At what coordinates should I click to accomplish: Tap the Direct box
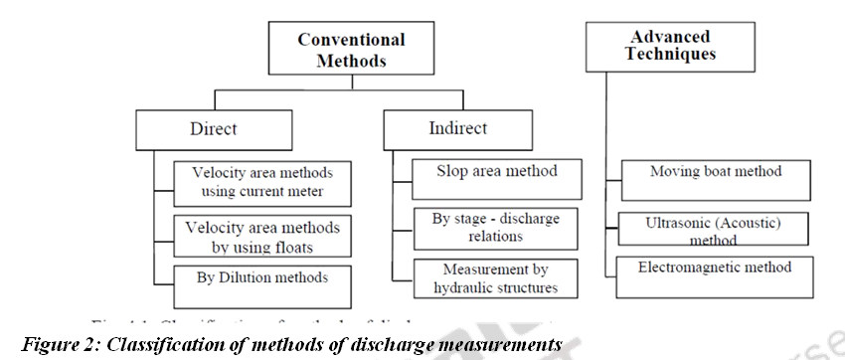[x=213, y=129]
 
